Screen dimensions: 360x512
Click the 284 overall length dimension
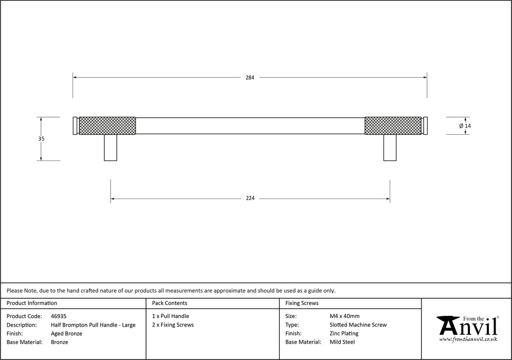pos(249,78)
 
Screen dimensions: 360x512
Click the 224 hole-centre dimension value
pos(250,199)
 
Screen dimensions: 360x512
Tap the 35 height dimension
pos(42,139)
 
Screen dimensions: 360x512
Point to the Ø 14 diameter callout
pos(465,125)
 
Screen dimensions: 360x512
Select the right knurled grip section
pos(393,125)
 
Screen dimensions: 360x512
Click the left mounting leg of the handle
pos(111,148)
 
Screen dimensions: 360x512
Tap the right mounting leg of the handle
pos(390,148)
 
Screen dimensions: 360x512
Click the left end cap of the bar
pos(75,125)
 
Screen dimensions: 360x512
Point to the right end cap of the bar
pos(425,125)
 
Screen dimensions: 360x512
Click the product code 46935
pos(59,316)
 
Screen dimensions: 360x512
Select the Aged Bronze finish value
pos(66,333)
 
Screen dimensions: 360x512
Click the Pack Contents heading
pos(170,303)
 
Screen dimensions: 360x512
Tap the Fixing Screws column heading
pos(302,303)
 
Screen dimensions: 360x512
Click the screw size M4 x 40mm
pos(344,316)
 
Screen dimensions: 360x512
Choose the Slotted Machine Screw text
pos(358,325)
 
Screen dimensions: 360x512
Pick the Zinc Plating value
pos(344,333)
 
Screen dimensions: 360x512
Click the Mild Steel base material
pos(342,342)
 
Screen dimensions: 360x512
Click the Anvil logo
pos(467,328)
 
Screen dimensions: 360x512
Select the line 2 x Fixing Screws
pos(173,325)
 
